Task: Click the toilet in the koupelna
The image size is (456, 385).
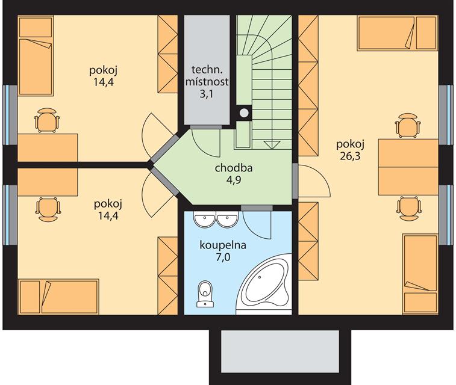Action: (205, 294)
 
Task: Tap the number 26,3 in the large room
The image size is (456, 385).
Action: (350, 156)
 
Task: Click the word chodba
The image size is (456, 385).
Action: (234, 168)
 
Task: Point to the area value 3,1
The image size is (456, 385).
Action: (207, 94)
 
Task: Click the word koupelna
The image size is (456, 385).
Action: (223, 245)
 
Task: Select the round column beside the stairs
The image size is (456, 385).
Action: (245, 112)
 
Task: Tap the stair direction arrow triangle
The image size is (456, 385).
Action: (272, 145)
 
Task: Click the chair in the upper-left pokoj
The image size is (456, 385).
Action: (47, 120)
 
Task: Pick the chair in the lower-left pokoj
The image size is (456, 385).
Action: (48, 209)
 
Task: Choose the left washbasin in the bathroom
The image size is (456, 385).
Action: (205, 221)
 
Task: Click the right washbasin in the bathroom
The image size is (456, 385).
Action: (227, 221)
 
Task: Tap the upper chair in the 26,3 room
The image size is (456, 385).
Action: (408, 126)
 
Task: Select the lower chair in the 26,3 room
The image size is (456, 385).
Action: (410, 209)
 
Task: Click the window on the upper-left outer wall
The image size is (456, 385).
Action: (10, 115)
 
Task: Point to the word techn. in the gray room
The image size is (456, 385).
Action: (207, 70)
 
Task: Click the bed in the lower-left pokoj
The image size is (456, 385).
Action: (58, 297)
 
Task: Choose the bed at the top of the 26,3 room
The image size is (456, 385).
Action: (398, 33)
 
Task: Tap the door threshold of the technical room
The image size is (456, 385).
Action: (205, 126)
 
